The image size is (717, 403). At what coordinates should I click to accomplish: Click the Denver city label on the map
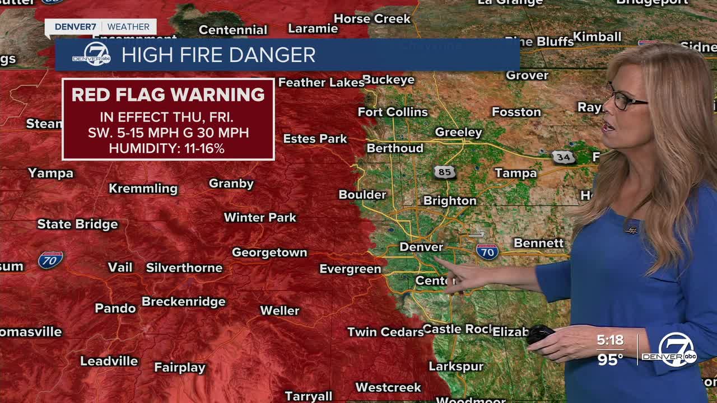coord(421,247)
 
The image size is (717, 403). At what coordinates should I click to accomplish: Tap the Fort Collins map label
coord(392,112)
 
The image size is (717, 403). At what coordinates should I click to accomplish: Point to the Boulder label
coord(362,195)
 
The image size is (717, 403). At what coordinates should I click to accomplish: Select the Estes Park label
coord(315,139)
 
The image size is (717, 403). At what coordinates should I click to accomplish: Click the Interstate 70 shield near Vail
coord(50,260)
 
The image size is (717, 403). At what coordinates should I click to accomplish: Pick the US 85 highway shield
coord(445,172)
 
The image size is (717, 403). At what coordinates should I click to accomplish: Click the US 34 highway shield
coord(563,157)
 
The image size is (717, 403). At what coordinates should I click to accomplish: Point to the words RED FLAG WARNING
coord(168,95)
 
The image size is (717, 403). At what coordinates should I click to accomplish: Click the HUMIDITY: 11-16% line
coord(166,148)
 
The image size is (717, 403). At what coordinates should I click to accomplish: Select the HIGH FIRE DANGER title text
coord(218,55)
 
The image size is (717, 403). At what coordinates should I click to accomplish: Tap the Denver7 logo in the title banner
coord(92,54)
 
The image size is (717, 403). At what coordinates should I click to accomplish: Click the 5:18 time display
coord(609,340)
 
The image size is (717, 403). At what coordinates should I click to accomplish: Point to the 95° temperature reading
coord(610,359)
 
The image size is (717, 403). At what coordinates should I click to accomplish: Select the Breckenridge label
coord(183,302)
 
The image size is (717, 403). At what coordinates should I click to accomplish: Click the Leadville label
coord(109,361)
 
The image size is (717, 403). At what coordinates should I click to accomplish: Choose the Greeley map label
coord(458,133)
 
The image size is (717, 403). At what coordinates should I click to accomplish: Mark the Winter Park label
coord(260,217)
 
